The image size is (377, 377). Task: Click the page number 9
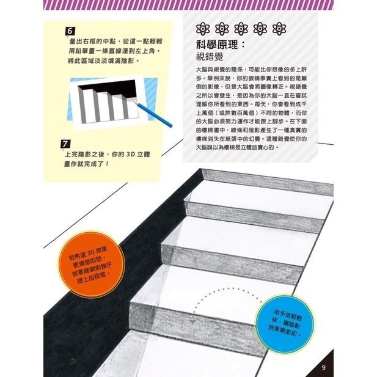(x=324, y=367)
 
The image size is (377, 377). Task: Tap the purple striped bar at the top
(x=188, y=5)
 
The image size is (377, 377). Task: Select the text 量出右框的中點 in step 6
(x=92, y=40)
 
